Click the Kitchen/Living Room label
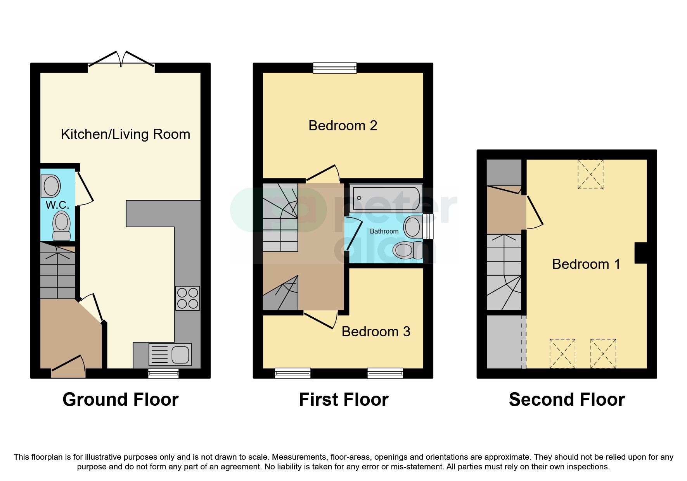125,134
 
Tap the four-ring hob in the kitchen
188,298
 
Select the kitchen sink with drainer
170,355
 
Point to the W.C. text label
57,205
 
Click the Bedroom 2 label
343,126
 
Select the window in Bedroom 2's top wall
335,68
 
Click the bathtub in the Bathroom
386,198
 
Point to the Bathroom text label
384,231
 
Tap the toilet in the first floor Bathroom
407,250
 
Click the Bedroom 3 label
376,332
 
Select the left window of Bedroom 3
292,373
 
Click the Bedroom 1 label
586,264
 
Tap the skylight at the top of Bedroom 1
590,174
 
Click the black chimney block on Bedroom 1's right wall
640,253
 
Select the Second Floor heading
566,400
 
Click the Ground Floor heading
120,400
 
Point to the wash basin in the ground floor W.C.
51,186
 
